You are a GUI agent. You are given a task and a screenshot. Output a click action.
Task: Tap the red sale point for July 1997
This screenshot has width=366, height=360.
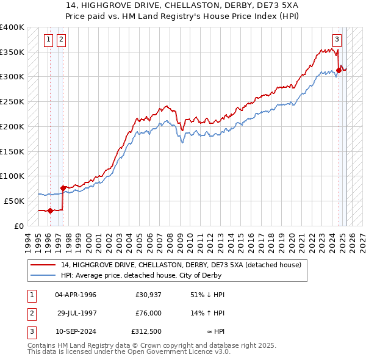click(x=63, y=188)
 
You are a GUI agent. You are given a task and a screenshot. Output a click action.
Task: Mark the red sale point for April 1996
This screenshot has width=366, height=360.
click(x=50, y=211)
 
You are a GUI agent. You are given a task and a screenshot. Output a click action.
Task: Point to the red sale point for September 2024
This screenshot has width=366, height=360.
click(x=339, y=70)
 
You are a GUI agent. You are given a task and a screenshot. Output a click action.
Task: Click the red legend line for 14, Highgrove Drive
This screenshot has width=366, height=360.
click(x=42, y=265)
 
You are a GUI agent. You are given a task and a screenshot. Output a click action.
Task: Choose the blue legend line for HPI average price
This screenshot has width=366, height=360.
click(x=42, y=275)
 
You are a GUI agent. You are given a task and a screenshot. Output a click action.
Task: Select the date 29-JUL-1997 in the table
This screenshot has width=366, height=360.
click(x=77, y=313)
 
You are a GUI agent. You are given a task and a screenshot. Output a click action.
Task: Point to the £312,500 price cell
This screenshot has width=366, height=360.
click(x=146, y=331)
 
